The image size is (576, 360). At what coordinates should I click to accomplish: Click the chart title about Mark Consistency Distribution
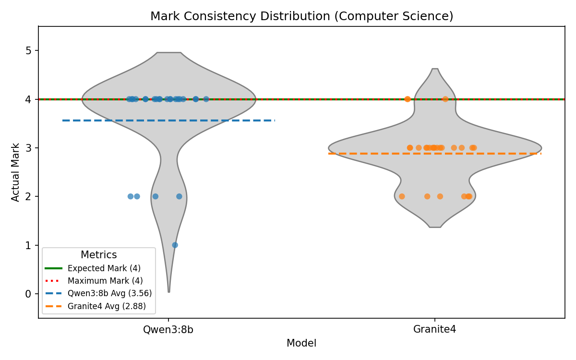pos(301,16)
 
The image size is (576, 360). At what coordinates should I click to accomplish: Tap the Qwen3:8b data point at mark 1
pos(175,245)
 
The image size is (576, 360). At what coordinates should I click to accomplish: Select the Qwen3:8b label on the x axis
pos(168,330)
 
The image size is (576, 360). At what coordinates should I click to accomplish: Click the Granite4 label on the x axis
pos(434,330)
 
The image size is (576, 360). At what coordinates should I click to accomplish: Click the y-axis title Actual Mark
pos(16,172)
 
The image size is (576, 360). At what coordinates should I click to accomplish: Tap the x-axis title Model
pos(301,343)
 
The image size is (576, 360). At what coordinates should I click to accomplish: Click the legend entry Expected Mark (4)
pos(104,268)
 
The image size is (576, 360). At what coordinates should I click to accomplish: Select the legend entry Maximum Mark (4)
pos(105,281)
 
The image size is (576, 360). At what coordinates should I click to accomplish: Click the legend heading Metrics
pos(98,255)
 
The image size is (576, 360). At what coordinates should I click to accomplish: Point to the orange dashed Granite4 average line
pos(504,154)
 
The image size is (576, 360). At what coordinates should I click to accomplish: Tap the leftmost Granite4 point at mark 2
pos(402,196)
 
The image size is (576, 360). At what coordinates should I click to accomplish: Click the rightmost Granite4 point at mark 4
pos(445,99)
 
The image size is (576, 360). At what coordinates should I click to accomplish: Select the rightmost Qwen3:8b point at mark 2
pos(179,196)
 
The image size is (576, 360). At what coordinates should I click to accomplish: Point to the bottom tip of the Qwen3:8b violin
pos(168,291)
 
